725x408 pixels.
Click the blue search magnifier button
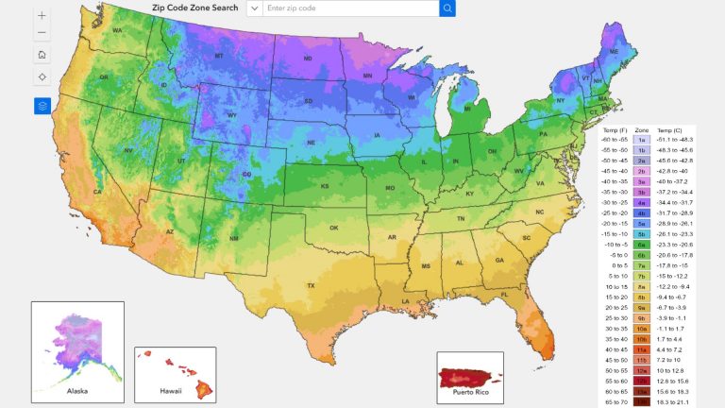point(447,8)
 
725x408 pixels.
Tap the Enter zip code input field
point(349,8)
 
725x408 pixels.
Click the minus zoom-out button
point(42,33)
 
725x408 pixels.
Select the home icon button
point(42,55)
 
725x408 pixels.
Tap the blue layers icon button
point(42,106)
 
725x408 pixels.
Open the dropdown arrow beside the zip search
point(254,8)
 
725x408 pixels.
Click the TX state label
point(310,285)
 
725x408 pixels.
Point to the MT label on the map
point(220,57)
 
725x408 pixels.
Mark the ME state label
point(615,52)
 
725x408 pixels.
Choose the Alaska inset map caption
point(77,389)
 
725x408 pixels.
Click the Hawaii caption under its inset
point(171,389)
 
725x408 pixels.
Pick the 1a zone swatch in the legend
point(641,139)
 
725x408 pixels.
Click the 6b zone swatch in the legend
point(641,254)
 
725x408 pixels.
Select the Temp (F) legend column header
point(615,128)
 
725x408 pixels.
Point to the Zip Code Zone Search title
point(195,8)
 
